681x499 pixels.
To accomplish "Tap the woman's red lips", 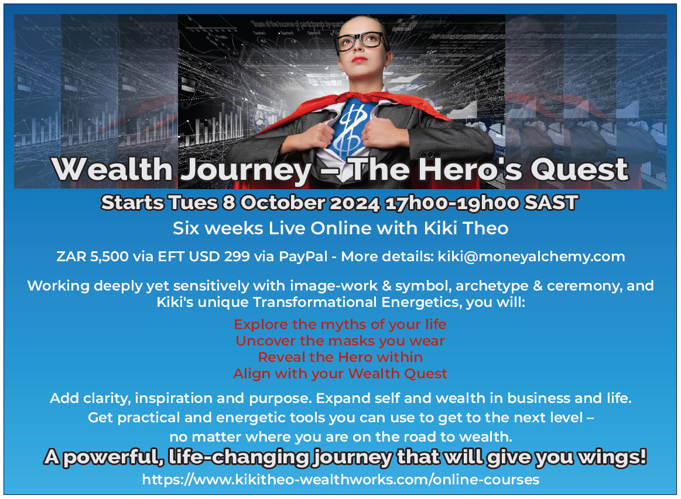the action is pyautogui.click(x=360, y=60).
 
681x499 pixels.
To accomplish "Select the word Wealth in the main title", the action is pyautogui.click(x=112, y=169).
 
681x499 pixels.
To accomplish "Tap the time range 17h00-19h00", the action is pyautogui.click(x=452, y=203).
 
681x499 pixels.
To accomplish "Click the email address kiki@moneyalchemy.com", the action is pyautogui.click(x=531, y=257).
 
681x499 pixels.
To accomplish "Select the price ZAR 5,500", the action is pyautogui.click(x=93, y=257).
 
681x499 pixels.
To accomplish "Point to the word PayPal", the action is pyautogui.click(x=303, y=257).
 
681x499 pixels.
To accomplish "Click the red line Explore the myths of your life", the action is pyautogui.click(x=340, y=324).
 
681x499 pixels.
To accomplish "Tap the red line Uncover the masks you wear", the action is pyautogui.click(x=340, y=341).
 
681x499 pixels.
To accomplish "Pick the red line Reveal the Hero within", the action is pyautogui.click(x=340, y=357).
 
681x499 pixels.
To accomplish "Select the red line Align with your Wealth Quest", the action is pyautogui.click(x=340, y=374).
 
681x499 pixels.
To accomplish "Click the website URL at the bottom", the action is pyautogui.click(x=341, y=480).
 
